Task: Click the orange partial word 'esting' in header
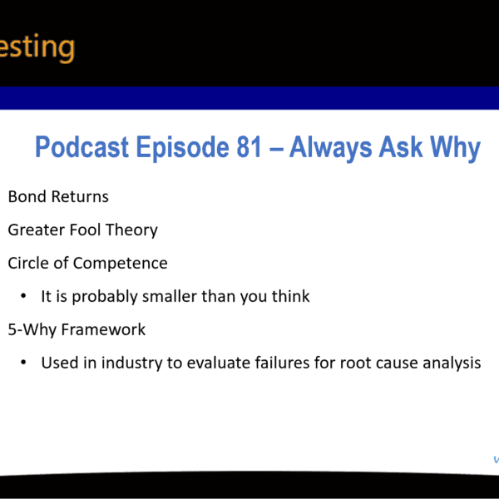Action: tap(37, 47)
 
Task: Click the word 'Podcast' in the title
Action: tap(82, 148)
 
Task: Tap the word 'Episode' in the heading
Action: tap(180, 148)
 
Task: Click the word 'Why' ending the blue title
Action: tap(455, 148)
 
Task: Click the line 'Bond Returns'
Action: tap(58, 197)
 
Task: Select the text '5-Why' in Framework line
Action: tap(29, 330)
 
